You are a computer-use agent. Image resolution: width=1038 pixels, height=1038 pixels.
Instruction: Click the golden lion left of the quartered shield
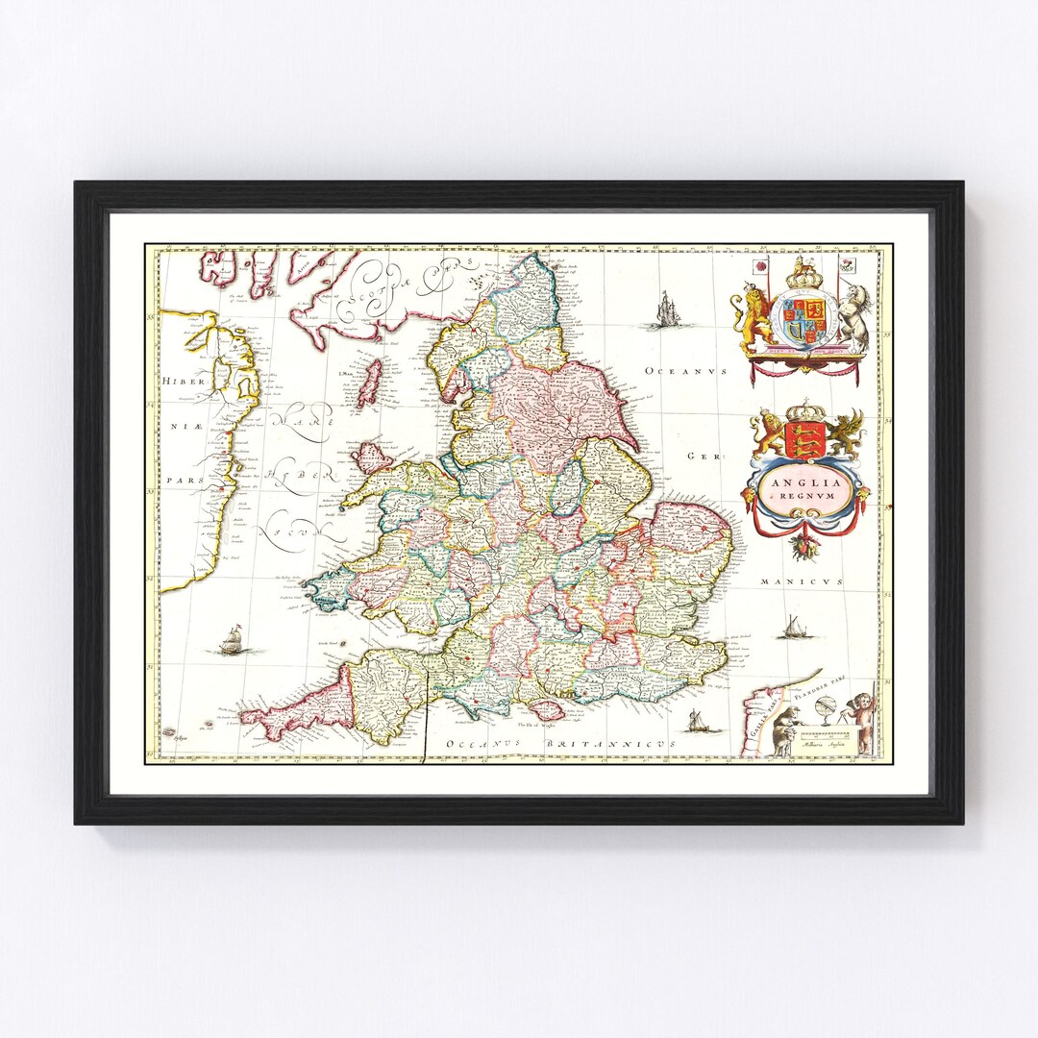[x=754, y=312]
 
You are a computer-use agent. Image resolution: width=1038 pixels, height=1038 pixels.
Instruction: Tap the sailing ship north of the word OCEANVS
[x=666, y=309]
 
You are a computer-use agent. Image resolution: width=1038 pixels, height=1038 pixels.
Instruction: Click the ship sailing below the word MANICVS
[x=794, y=628]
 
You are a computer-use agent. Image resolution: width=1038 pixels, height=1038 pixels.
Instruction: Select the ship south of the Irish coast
[x=231, y=640]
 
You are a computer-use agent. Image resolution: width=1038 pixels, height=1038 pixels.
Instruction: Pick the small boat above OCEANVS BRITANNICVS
[x=699, y=722]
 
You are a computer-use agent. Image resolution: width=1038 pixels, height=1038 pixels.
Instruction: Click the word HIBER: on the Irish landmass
[x=179, y=381]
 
